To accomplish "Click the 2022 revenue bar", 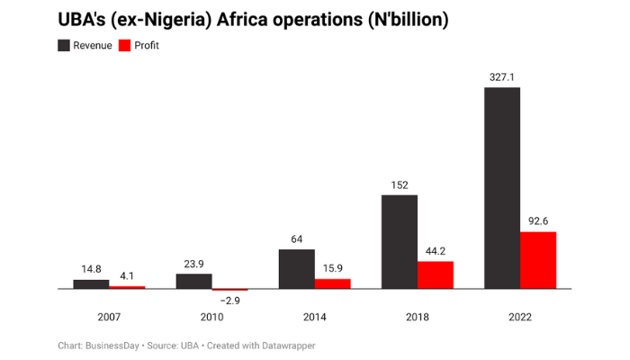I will [501, 188].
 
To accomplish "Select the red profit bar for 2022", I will [538, 260].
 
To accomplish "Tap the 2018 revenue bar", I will [399, 241].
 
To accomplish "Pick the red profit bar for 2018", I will [436, 275].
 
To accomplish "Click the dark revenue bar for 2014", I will [296, 269].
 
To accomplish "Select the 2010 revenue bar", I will [193, 281].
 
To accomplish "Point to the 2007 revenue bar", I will [91, 284].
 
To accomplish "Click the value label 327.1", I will [501, 77].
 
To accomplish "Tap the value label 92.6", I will [538, 221].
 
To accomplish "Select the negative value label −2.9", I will [230, 301].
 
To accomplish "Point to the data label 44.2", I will [436, 252].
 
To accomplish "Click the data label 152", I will [399, 185].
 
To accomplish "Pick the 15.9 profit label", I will [333, 269].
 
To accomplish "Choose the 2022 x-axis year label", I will [519, 317].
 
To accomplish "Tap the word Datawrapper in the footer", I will [285, 346].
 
